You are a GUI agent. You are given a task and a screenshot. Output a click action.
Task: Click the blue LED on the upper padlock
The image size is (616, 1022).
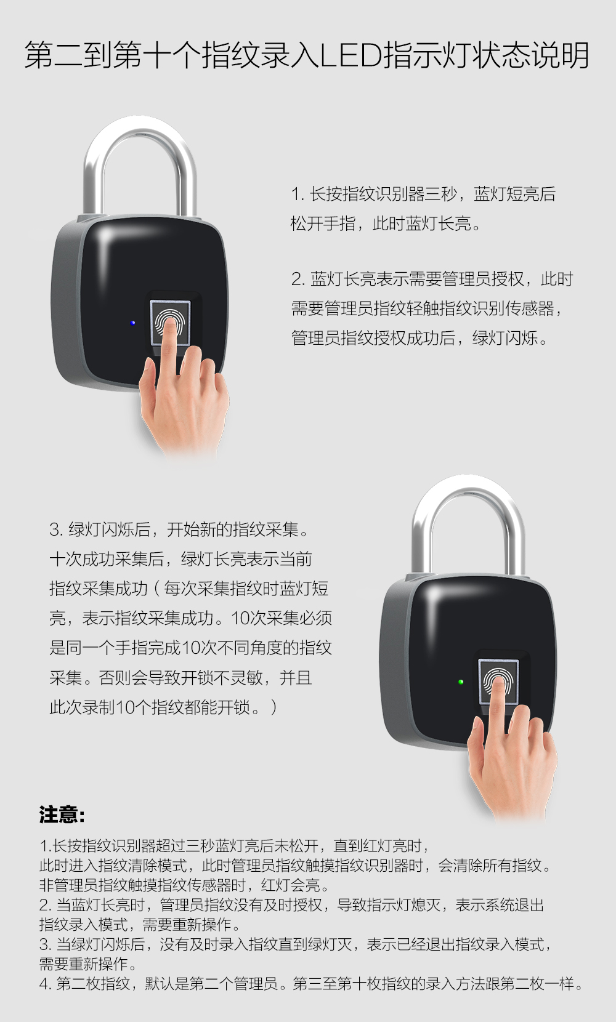(x=132, y=323)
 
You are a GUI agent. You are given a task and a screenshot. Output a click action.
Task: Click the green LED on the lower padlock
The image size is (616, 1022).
(x=461, y=682)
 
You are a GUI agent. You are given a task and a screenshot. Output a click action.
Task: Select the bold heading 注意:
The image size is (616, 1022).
(x=62, y=815)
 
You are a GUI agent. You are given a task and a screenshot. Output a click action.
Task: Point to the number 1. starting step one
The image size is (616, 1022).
(x=298, y=195)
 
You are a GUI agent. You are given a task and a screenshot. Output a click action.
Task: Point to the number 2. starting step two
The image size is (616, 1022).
(x=299, y=280)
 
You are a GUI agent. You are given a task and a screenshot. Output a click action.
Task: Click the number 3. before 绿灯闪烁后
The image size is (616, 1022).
(x=57, y=529)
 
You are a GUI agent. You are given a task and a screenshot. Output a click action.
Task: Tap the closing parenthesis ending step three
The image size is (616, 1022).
(x=274, y=707)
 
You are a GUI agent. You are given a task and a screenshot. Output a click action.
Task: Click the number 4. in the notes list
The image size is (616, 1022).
(x=45, y=984)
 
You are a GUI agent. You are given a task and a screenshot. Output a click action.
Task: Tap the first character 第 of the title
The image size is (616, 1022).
(x=38, y=55)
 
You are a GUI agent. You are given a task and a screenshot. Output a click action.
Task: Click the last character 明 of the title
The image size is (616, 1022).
(x=575, y=55)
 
